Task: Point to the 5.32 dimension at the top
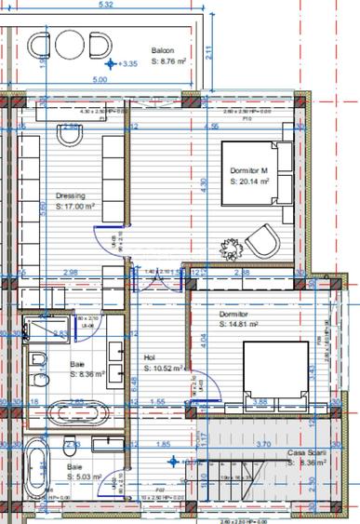105,5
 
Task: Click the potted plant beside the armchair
232,248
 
